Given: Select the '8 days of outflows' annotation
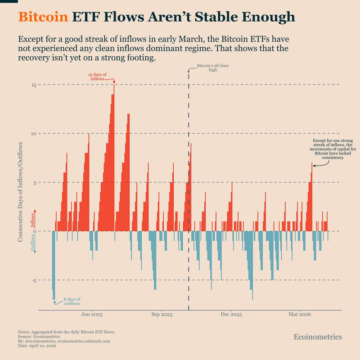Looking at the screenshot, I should pos(72,301).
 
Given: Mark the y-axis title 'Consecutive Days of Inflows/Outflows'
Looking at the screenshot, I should pos(21,190).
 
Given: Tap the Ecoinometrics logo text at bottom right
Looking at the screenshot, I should pos(317,337).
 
